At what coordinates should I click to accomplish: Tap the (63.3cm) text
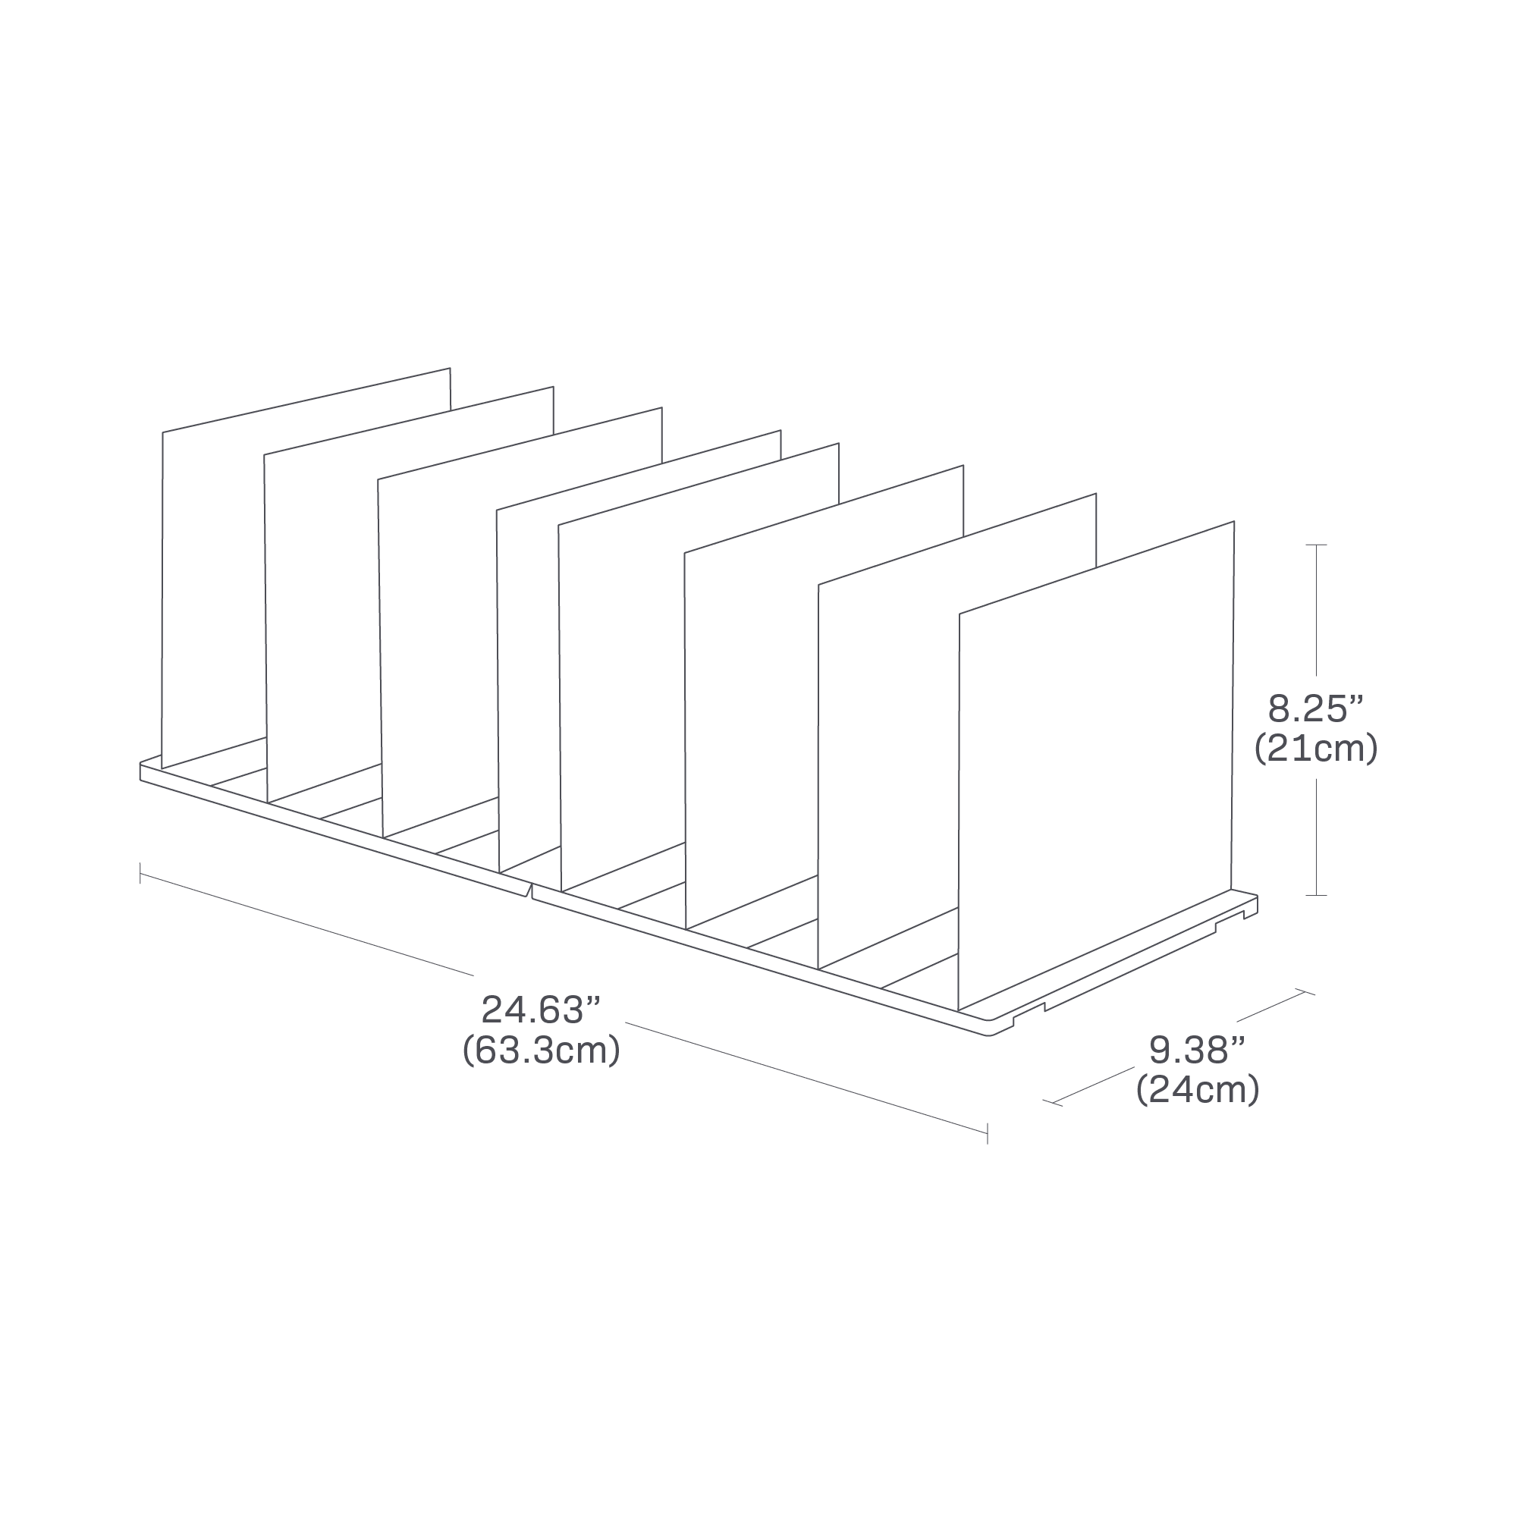tap(541, 1051)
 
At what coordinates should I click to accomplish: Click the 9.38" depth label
tap(1197, 1049)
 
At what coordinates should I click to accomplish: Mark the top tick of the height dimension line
tap(1316, 544)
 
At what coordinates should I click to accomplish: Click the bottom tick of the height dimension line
tap(1316, 895)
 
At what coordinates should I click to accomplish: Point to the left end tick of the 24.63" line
tap(140, 873)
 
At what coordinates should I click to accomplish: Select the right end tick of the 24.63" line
tap(987, 1133)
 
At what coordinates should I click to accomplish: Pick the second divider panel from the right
tap(887, 754)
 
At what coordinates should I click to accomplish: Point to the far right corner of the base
tap(1256, 897)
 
